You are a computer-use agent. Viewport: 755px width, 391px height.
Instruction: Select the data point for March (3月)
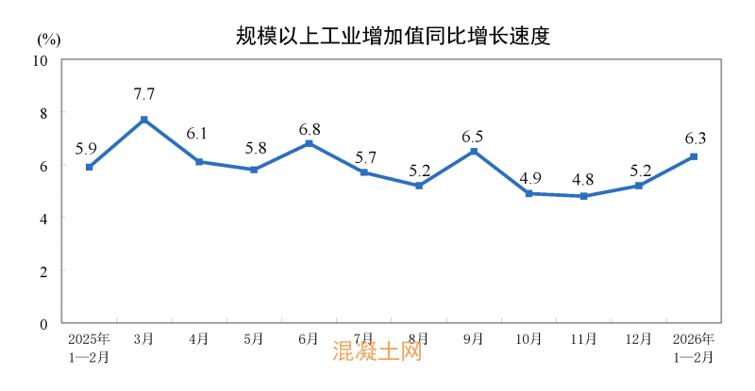144,120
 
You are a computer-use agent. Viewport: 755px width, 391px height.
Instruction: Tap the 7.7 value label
144,94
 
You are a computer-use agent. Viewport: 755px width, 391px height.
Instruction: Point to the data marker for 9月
474,152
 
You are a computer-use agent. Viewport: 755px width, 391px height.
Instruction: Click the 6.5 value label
474,137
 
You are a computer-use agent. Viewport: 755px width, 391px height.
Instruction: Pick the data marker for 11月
584,196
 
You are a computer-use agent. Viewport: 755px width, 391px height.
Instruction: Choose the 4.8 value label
584,178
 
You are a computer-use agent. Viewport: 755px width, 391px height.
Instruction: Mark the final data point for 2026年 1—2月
694,156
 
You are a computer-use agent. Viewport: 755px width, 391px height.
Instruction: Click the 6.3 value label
696,138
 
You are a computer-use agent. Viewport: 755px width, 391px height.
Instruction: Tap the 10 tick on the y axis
41,60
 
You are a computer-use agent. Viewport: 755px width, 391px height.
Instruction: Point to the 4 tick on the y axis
43,218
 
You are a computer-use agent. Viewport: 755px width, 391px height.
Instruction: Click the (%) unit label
50,40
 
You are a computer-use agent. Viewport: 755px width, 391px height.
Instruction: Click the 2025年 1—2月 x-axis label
89,348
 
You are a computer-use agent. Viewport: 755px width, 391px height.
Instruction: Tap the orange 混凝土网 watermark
377,352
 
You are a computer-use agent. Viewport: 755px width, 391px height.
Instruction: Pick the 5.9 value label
87,148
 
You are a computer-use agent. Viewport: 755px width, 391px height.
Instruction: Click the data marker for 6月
309,143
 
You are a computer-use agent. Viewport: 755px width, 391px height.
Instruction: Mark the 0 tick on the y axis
43,323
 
